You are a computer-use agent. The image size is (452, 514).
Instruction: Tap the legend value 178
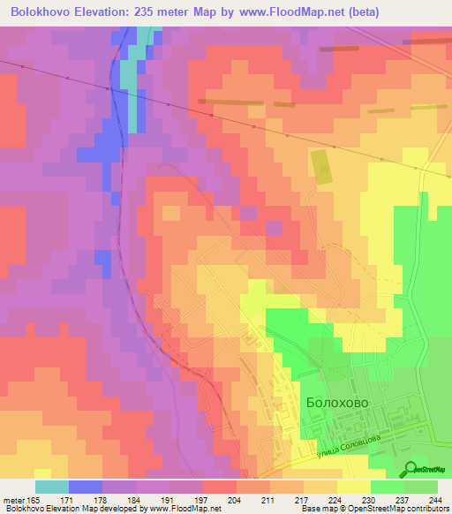99,500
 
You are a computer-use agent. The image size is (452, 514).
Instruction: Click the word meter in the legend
12,500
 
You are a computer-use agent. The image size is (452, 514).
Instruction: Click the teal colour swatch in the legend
52,487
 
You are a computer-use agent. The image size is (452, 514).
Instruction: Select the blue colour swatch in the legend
86,487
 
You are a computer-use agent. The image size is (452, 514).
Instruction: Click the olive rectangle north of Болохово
323,167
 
